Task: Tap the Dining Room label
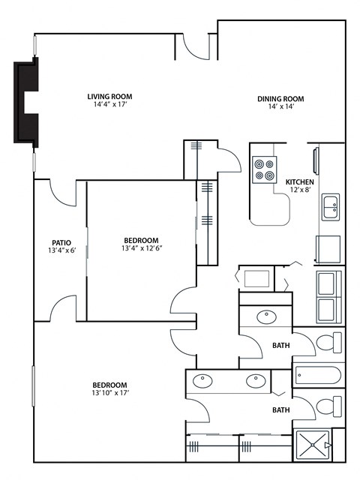click(x=280, y=98)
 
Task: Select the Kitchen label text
click(x=300, y=181)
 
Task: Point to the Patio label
click(x=61, y=242)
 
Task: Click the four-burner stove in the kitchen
click(x=264, y=169)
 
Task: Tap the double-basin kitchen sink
click(x=331, y=206)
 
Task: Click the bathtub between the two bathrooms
click(x=319, y=374)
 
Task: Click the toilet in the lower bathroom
click(x=330, y=407)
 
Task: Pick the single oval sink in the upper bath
click(x=265, y=316)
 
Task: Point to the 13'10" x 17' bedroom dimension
click(x=109, y=393)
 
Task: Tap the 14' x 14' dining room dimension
click(x=280, y=106)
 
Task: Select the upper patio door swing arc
click(x=62, y=193)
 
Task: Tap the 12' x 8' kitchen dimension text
click(x=300, y=190)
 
